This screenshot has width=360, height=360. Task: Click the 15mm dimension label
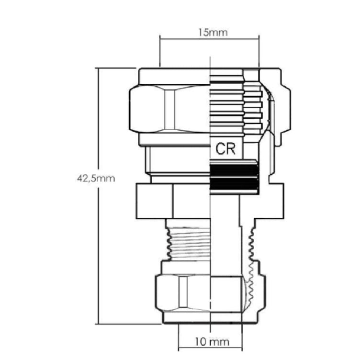coord(213,32)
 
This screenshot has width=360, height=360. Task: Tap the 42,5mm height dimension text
coord(96,179)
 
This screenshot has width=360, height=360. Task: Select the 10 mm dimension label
coord(212,342)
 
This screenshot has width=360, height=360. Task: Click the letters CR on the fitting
coord(225,149)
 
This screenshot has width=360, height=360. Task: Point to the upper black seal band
coord(234,170)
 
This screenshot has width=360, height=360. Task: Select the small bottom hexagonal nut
coord(183,293)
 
